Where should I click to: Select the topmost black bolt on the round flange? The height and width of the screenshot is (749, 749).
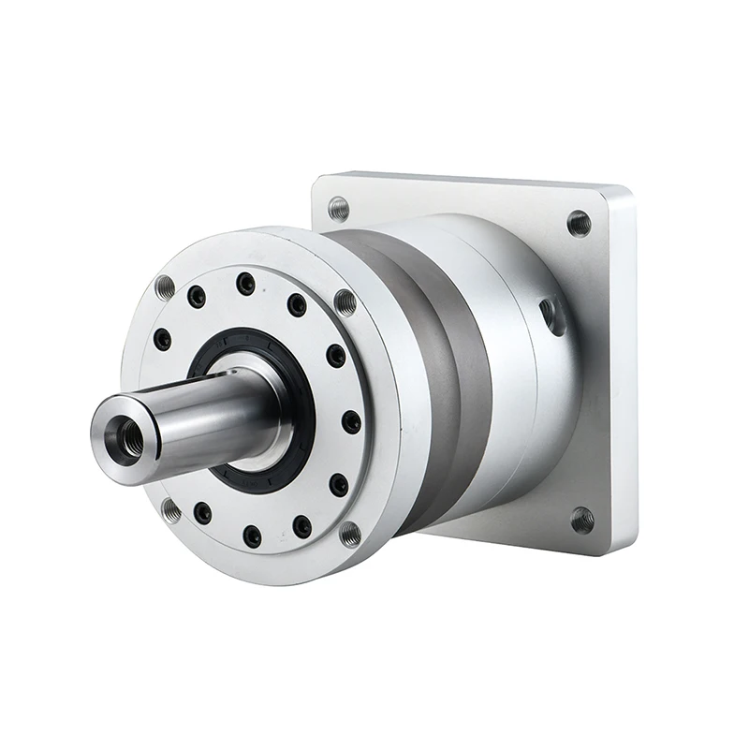(245, 283)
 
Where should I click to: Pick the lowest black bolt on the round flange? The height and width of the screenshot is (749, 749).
(252, 536)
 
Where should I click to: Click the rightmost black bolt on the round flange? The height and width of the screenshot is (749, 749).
(352, 422)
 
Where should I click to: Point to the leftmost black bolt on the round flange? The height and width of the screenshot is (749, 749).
(163, 339)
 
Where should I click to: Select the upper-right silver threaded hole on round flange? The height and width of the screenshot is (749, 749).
(345, 302)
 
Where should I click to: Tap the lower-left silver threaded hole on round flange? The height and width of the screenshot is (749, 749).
(170, 510)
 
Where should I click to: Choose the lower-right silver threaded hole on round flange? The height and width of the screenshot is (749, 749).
(350, 534)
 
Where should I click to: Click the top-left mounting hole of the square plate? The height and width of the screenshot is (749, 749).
(339, 208)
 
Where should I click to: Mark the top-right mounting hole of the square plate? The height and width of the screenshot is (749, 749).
(579, 223)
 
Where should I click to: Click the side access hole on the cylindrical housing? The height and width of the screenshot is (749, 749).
(552, 316)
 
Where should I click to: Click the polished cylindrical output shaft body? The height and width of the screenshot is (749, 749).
(215, 412)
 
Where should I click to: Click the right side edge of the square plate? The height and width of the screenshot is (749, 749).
(624, 374)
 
